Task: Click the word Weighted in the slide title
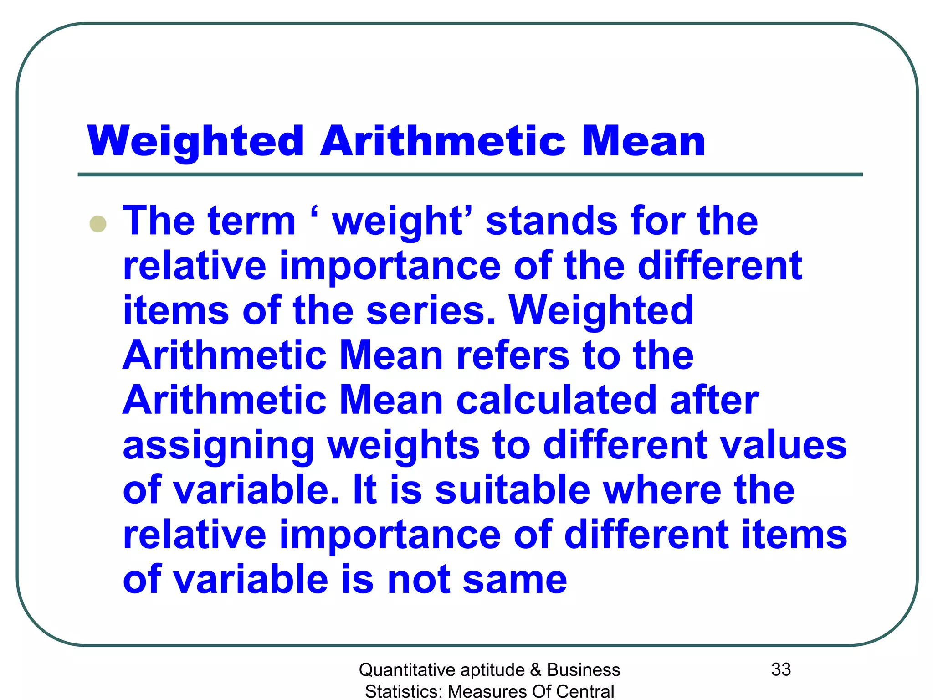[196, 141]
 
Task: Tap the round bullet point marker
[98, 224]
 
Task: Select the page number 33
[781, 669]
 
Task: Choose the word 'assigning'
[219, 446]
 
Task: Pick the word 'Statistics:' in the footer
[403, 691]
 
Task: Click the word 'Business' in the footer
[584, 670]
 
